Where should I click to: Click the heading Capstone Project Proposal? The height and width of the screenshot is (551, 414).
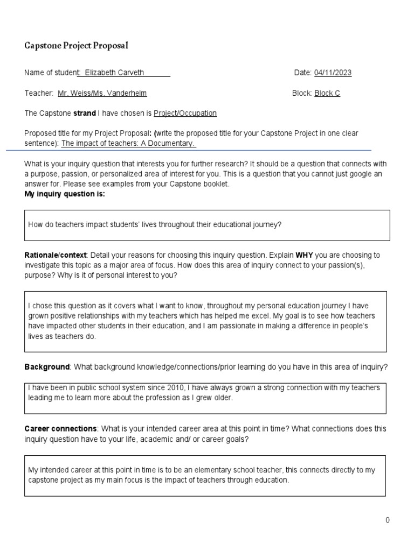point(76,46)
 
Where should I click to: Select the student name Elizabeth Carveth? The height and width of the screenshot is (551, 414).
point(114,73)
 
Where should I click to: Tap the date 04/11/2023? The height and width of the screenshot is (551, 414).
point(333,73)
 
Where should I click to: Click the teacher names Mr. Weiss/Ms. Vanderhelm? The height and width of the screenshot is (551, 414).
point(102,93)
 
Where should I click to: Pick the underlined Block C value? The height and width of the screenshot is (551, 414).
point(327,93)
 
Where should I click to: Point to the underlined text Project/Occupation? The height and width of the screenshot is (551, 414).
point(185,113)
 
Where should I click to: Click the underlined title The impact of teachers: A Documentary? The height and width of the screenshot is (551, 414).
point(128,144)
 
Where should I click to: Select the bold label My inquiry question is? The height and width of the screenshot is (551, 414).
point(65,194)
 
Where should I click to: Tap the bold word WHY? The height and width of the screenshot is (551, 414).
point(304,255)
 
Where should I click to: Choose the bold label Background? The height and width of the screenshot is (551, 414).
point(47,367)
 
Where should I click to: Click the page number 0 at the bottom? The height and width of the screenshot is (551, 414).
point(387,520)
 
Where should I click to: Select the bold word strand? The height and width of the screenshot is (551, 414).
point(84,113)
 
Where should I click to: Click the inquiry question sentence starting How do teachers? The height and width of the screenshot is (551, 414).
point(155,224)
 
